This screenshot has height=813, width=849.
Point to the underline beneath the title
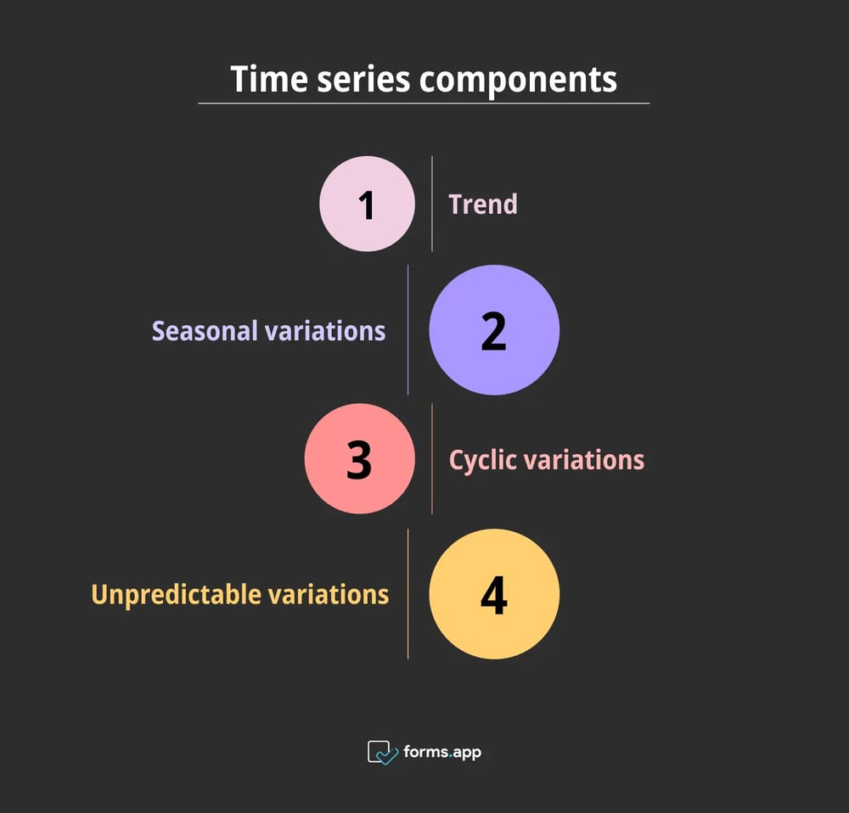point(424,104)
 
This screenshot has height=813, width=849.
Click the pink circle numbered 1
point(367,204)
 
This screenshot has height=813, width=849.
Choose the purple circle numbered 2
point(494,330)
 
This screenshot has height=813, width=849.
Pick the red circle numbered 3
point(360,459)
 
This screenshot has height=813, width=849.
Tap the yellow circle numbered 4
point(494,594)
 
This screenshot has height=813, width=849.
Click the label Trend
point(482,205)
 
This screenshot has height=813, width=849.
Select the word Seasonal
point(205,331)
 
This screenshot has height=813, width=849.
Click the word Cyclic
point(481,460)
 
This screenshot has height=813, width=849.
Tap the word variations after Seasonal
point(325,331)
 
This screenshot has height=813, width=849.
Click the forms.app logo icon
point(382,752)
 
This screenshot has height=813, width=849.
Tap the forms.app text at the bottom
point(442,752)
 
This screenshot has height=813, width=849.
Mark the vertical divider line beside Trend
point(432,204)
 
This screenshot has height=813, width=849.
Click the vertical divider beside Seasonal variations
point(408,330)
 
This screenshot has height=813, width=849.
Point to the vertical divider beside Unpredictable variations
point(408,594)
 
